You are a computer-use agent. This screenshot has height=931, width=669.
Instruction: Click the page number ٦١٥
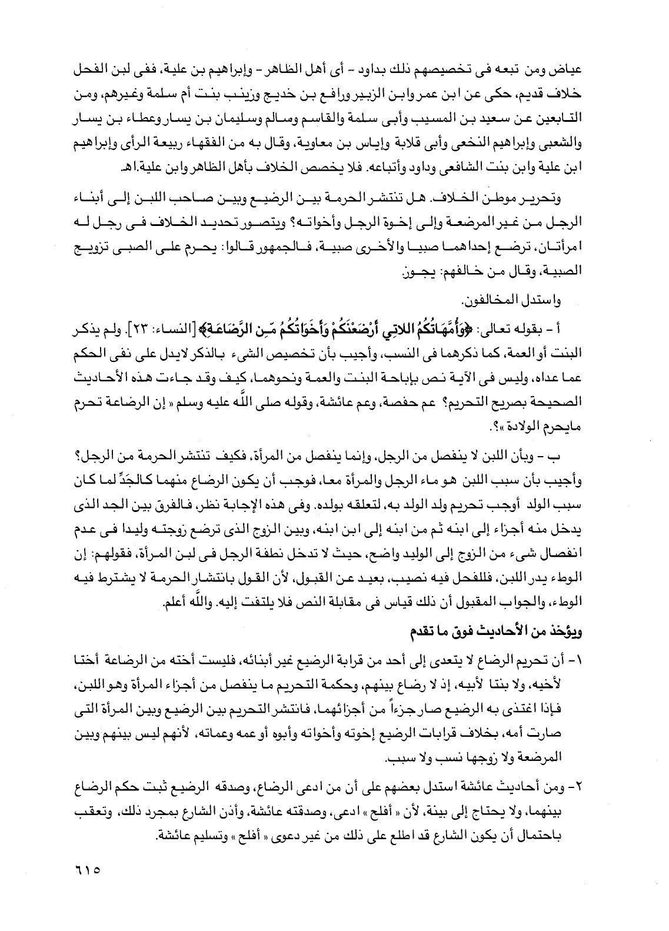coord(86,867)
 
